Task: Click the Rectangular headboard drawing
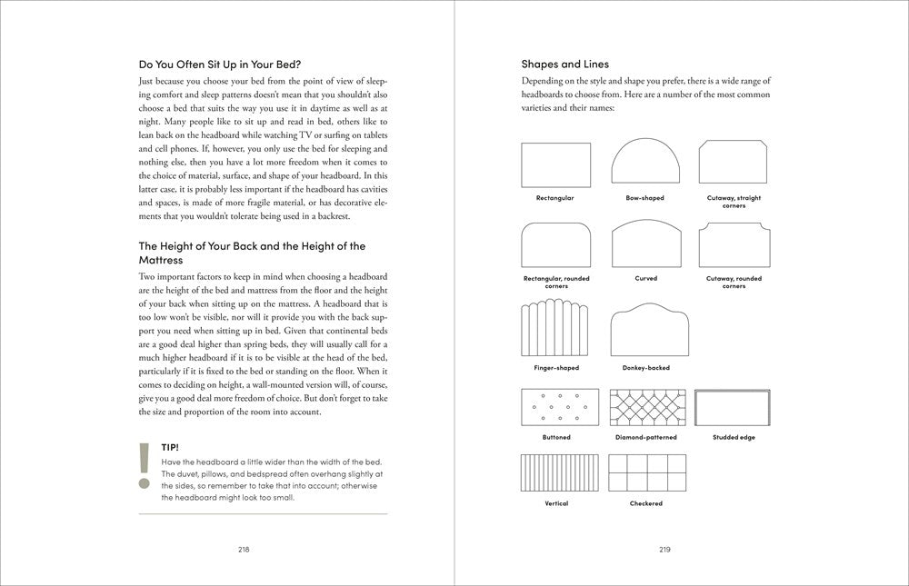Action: (x=555, y=165)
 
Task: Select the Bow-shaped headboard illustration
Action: (x=645, y=164)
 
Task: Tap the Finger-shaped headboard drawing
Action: (x=555, y=330)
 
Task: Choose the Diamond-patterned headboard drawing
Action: (x=645, y=408)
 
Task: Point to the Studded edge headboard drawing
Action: (x=733, y=408)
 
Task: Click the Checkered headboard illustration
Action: (x=645, y=473)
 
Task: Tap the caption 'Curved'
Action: (x=645, y=278)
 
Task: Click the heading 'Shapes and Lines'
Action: (x=564, y=65)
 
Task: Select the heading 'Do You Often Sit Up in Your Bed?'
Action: (x=220, y=65)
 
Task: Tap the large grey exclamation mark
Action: (x=144, y=466)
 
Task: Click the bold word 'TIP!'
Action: (x=169, y=448)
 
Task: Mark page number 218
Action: (x=244, y=549)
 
